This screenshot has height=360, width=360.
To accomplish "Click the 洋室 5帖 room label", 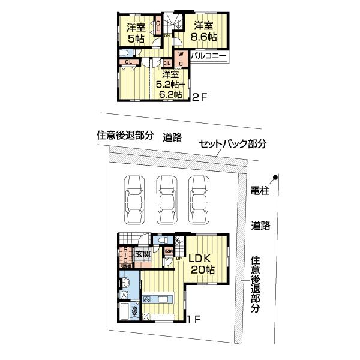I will [136, 33].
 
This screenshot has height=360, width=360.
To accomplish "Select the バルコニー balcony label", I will [208, 55].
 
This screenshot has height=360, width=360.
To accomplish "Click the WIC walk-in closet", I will [181, 60].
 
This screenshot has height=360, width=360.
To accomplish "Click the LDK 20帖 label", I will [201, 265].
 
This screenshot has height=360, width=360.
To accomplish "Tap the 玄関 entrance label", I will [142, 254].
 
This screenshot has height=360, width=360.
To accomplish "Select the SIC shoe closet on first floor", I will [125, 254].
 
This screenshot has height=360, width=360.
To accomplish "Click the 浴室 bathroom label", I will [136, 311].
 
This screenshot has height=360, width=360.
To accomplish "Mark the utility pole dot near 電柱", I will [275, 177].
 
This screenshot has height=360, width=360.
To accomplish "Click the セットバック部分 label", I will [232, 144].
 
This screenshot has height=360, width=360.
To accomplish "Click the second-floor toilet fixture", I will [128, 53].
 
